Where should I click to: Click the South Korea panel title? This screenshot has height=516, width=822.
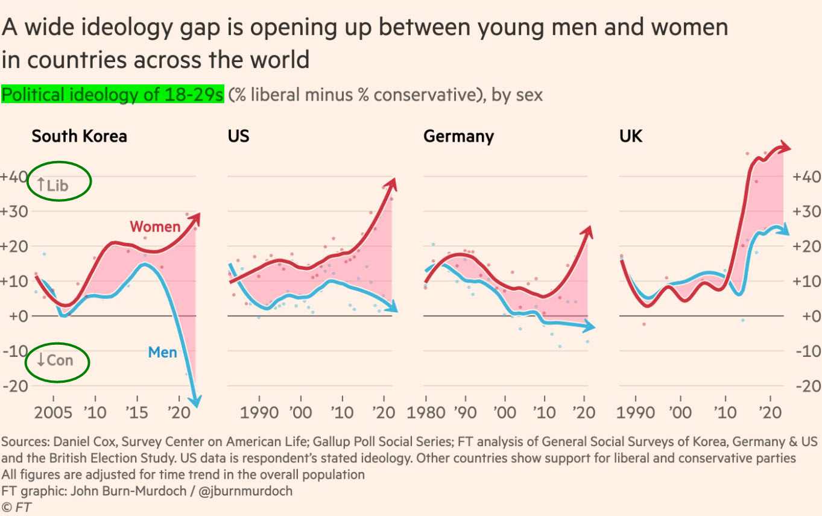click(79, 136)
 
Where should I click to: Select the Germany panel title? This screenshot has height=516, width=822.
click(458, 136)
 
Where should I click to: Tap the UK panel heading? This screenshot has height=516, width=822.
click(631, 136)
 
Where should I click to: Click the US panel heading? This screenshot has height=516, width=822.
click(238, 136)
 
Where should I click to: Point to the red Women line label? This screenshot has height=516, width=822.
click(155, 227)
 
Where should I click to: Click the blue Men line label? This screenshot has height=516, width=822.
click(162, 351)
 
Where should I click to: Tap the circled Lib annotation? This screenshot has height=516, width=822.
click(58, 181)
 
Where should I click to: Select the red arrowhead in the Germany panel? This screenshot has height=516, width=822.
click(588, 231)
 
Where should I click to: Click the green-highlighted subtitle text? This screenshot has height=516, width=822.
click(113, 95)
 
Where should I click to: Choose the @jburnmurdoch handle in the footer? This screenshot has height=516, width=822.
click(245, 491)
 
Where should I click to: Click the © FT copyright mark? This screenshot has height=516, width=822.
click(16, 507)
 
